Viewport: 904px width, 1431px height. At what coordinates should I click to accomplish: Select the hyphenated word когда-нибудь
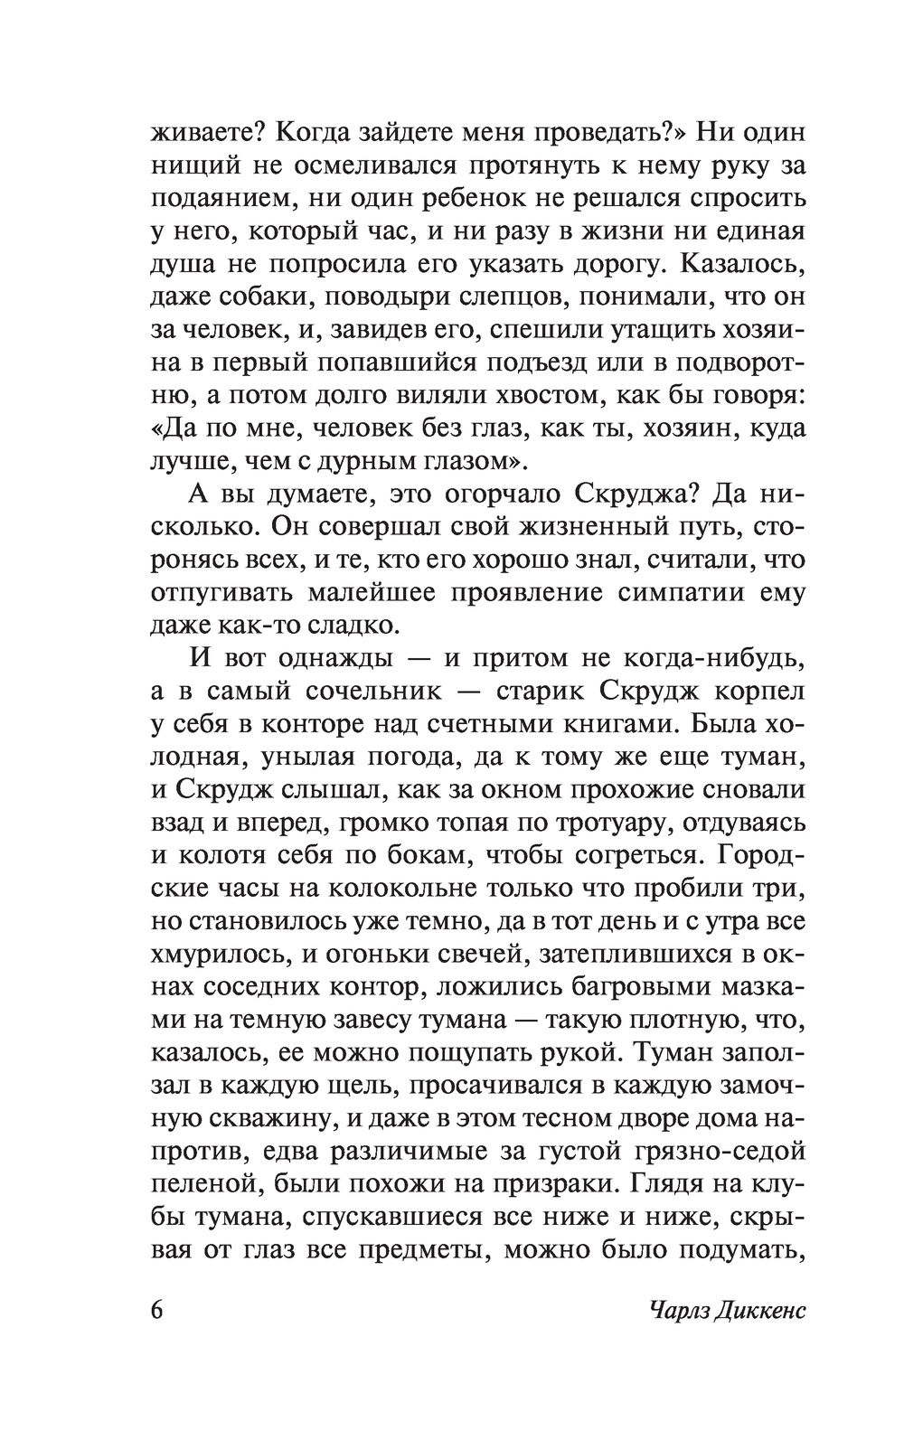click(695, 659)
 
